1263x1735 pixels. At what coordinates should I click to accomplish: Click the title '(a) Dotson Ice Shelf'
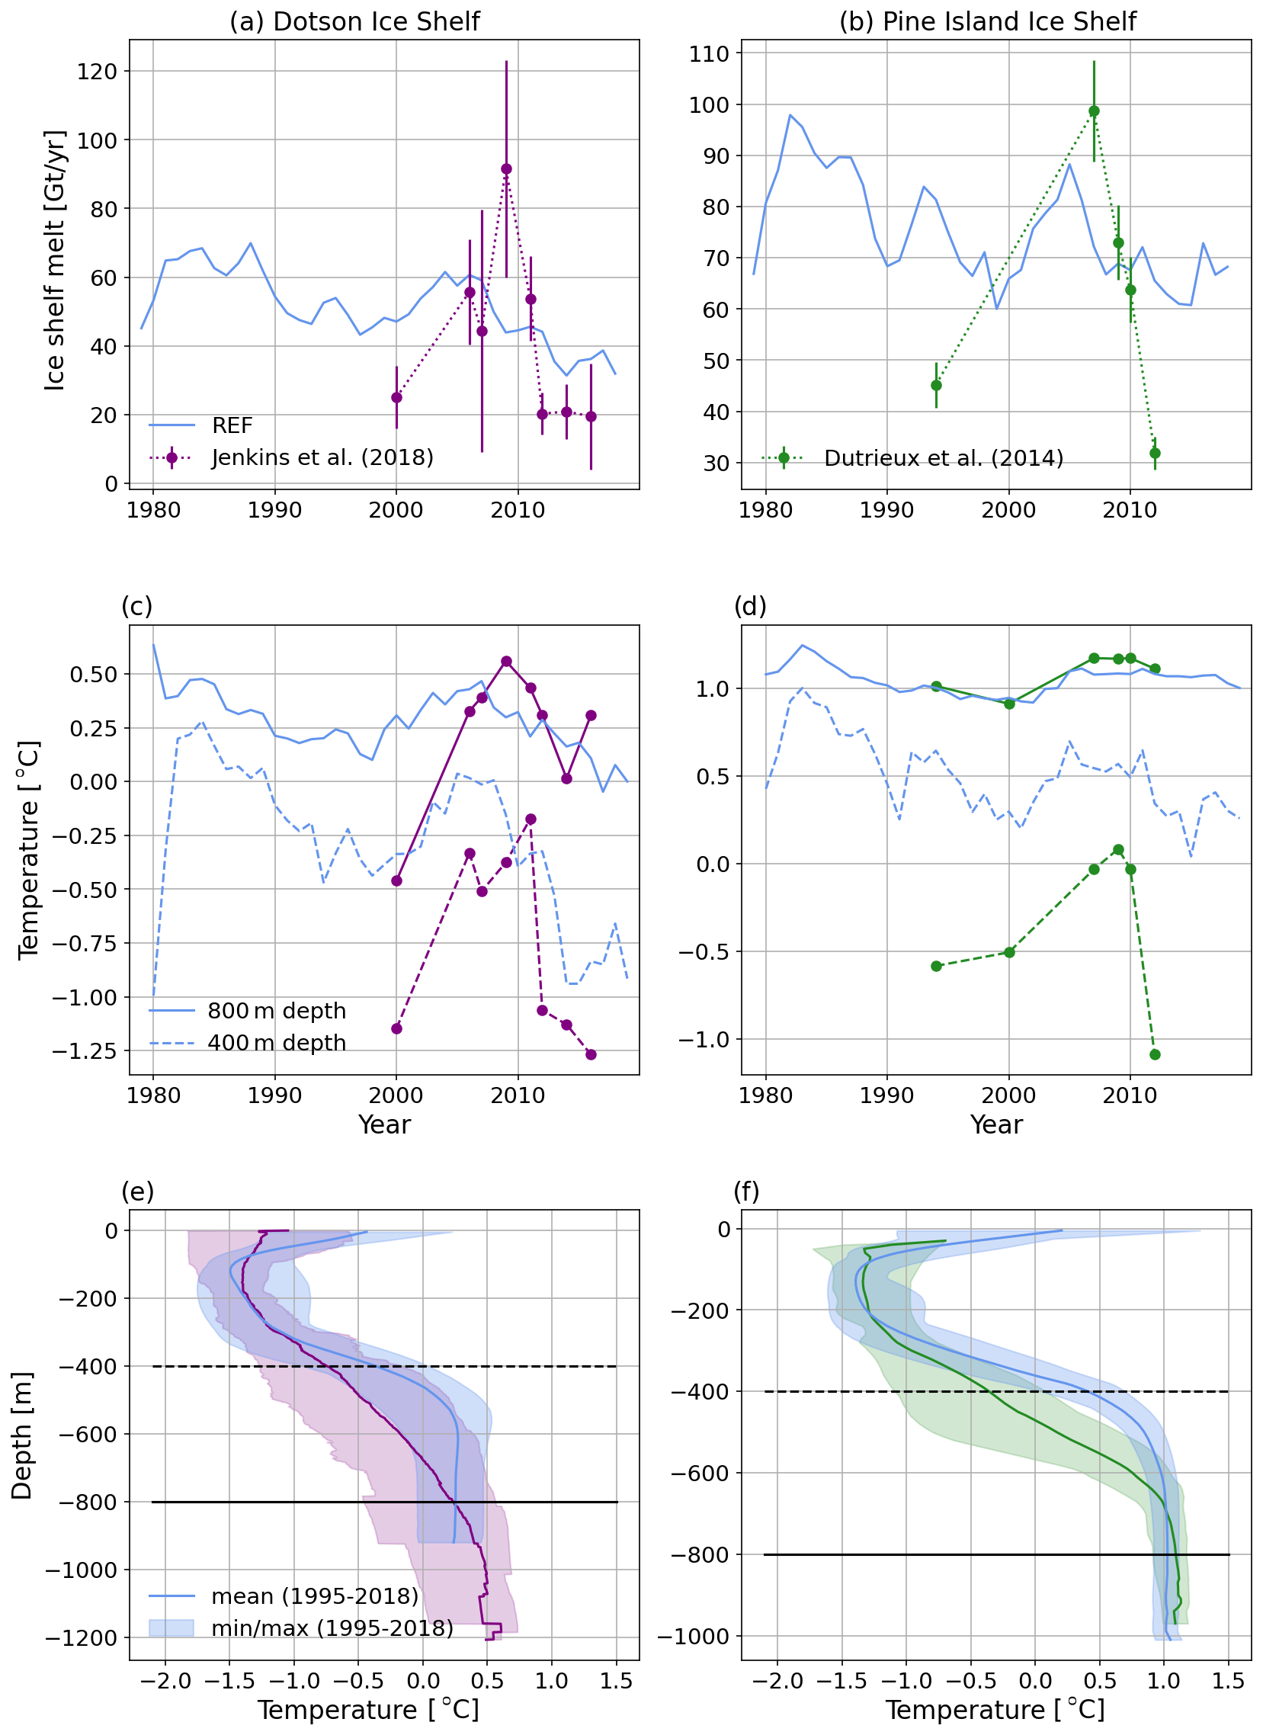tap(354, 21)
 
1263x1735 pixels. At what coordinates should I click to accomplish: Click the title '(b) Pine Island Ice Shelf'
tap(987, 21)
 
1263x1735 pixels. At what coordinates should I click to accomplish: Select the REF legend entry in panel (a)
tap(232, 425)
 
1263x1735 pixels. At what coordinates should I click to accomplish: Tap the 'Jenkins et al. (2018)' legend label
tap(322, 457)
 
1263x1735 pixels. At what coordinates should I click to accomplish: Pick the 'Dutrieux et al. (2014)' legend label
tap(943, 458)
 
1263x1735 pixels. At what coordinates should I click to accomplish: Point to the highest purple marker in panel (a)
tap(506, 169)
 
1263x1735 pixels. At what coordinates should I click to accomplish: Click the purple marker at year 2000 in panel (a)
tap(396, 398)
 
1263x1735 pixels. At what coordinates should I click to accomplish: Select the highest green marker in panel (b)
tap(1094, 111)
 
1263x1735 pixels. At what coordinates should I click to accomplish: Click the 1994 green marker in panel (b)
tap(936, 386)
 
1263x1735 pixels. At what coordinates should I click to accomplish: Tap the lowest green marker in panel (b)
tap(1155, 454)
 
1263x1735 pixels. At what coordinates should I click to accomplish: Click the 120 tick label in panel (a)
tap(97, 72)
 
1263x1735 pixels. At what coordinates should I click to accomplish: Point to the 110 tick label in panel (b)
tap(709, 53)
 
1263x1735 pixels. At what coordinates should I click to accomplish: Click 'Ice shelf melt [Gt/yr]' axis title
tap(54, 260)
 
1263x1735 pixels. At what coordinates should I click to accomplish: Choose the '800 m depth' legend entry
tap(276, 1012)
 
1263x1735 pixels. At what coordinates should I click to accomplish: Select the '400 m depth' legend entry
tap(276, 1044)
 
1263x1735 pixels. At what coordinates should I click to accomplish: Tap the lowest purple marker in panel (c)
tap(591, 1055)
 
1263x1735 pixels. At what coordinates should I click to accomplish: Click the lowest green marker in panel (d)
tap(1155, 1055)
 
